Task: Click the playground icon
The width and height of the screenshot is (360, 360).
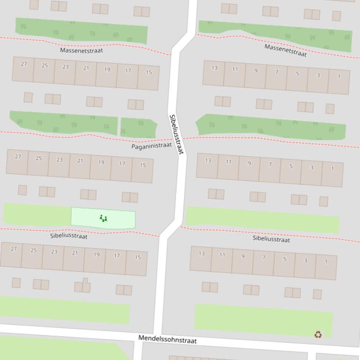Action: tap(103, 218)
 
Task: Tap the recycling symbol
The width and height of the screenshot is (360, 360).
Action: tap(318, 334)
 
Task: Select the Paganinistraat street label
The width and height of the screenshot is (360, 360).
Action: tap(151, 146)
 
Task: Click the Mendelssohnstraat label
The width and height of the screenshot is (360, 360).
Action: tap(167, 339)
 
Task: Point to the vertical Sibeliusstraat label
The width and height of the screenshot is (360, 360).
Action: tap(176, 135)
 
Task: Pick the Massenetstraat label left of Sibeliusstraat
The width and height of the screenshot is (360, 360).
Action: tap(81, 50)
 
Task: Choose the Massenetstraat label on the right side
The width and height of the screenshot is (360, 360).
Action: tap(286, 50)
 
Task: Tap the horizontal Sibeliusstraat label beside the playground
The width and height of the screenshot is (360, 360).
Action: tap(69, 236)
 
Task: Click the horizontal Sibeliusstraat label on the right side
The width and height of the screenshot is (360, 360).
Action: tap(271, 239)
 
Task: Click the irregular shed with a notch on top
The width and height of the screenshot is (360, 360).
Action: tap(83, 286)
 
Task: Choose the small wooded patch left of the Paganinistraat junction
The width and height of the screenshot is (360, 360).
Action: tap(138, 126)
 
